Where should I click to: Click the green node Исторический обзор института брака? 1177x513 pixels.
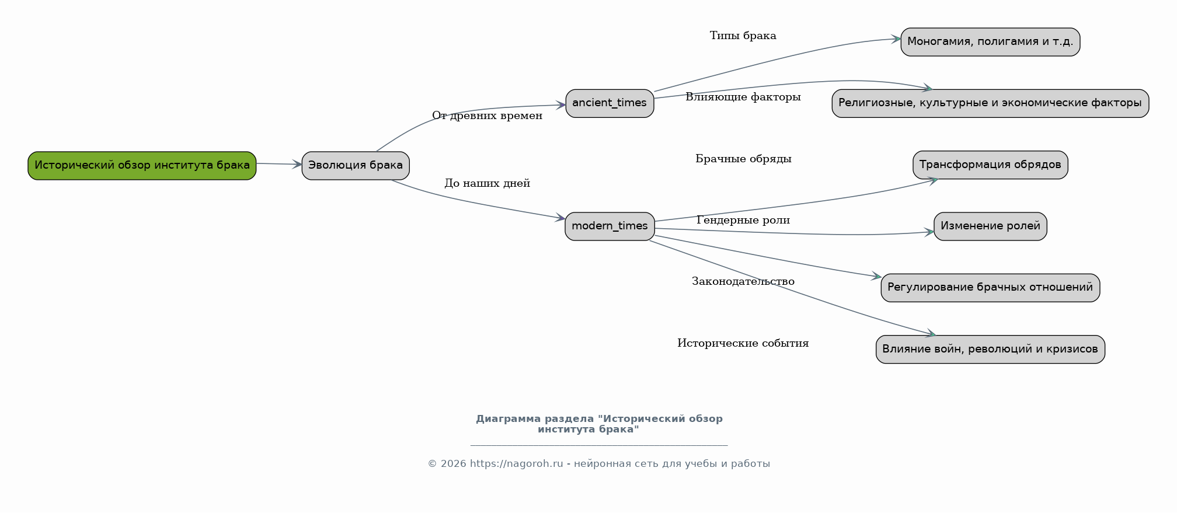(x=142, y=166)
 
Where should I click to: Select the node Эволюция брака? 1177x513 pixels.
(x=356, y=166)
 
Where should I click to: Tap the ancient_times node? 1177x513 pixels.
(x=610, y=103)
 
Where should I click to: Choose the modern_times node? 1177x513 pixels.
(x=610, y=226)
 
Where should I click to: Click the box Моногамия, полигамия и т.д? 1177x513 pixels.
(x=990, y=42)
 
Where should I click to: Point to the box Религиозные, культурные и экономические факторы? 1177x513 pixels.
(x=990, y=103)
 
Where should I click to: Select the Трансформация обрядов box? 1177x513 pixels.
(x=990, y=165)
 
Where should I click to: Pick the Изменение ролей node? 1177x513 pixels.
(x=990, y=226)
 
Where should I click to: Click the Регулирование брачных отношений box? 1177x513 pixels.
(x=990, y=288)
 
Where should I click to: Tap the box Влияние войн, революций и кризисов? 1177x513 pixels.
(x=990, y=350)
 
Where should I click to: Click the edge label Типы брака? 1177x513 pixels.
(x=743, y=36)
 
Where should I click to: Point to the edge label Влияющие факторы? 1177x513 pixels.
(x=743, y=97)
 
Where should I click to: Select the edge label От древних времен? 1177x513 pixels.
(x=487, y=116)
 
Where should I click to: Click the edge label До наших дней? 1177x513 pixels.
(x=487, y=184)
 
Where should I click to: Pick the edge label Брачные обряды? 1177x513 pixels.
(x=743, y=159)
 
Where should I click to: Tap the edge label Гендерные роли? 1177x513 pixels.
(x=743, y=221)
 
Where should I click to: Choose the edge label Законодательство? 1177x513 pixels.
(x=743, y=282)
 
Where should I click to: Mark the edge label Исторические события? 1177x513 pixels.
(x=743, y=344)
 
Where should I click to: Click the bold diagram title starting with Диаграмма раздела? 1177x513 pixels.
(x=599, y=424)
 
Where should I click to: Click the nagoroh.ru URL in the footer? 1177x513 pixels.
(x=516, y=464)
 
